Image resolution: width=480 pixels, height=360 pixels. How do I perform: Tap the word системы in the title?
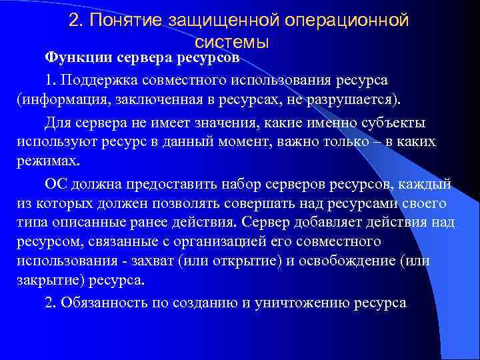[232, 42]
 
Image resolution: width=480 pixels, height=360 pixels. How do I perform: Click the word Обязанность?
[100, 302]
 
